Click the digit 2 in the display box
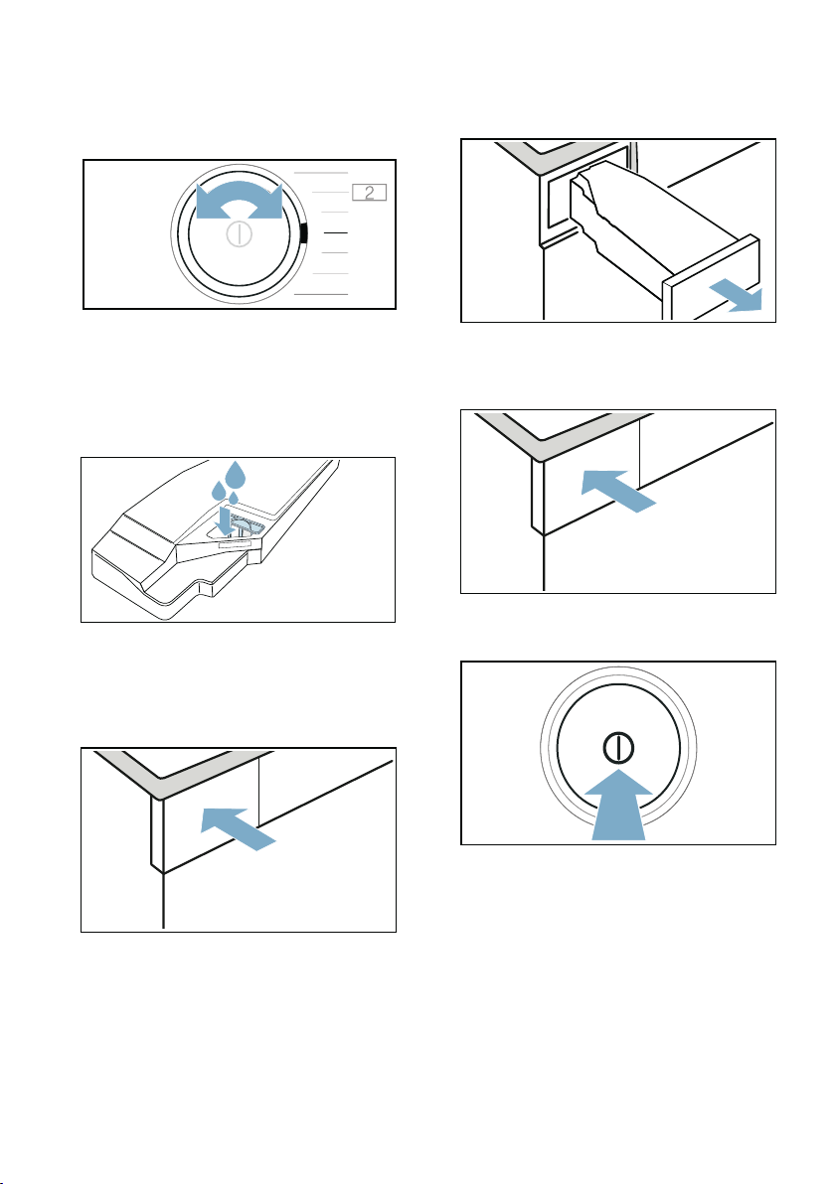pyautogui.click(x=370, y=193)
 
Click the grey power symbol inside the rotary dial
pyautogui.click(x=239, y=234)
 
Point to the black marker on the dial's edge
pyautogui.click(x=304, y=233)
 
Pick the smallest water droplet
pyautogui.click(x=234, y=499)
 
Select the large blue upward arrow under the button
pyautogui.click(x=618, y=805)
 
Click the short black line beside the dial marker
pyautogui.click(x=335, y=233)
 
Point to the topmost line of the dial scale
pyautogui.click(x=320, y=173)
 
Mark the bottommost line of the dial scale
pyautogui.click(x=320, y=294)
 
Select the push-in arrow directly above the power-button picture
pyautogui.click(x=618, y=491)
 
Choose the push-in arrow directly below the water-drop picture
pyautogui.click(x=238, y=828)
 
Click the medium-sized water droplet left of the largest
pyautogui.click(x=218, y=490)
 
